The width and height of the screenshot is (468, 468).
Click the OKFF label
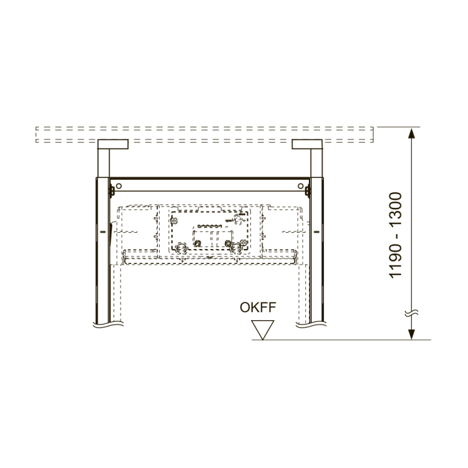pos(258,308)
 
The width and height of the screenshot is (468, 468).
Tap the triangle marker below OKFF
pos(262,330)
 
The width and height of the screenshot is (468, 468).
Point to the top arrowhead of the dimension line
pos(411,133)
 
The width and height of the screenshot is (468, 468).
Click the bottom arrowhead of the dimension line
pos(411,334)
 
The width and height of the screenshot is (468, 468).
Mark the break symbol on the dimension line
pos(411,313)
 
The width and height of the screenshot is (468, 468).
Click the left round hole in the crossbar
pos(119,186)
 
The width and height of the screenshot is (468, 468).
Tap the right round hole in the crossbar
pos(301,186)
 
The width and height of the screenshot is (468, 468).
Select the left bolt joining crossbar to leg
pos(112,191)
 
